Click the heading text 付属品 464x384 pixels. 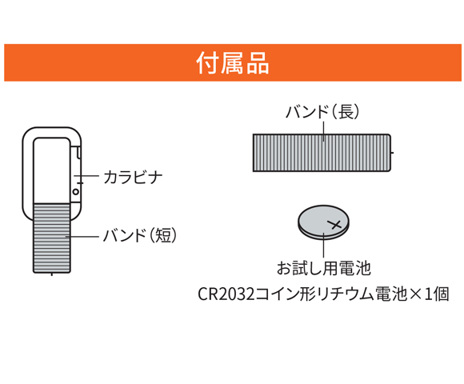(x=233, y=63)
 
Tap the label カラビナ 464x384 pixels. (x=133, y=178)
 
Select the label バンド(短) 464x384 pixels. (x=140, y=235)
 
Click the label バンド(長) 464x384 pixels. (x=322, y=111)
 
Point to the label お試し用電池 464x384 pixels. (x=323, y=268)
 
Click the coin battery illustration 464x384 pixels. (x=323, y=222)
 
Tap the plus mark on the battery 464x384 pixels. (x=335, y=224)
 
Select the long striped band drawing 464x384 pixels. (x=322, y=153)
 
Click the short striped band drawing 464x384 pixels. (x=52, y=238)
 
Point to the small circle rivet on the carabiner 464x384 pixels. (x=76, y=192)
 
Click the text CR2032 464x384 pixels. (x=226, y=294)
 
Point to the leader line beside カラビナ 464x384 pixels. (x=86, y=176)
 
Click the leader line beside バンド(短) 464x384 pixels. (x=82, y=237)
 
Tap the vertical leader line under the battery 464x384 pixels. (x=324, y=245)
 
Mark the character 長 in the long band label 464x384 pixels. (x=346, y=111)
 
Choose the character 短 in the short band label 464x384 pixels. (x=163, y=235)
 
